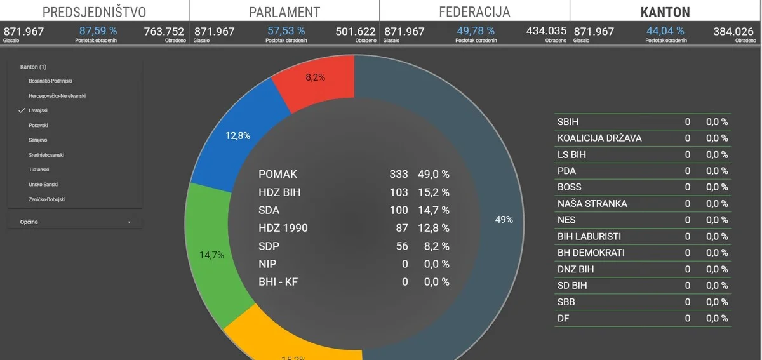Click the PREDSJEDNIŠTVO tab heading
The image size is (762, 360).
94,12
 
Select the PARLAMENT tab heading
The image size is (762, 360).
284,12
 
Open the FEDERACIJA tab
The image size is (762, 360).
474,12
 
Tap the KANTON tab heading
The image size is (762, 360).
665,12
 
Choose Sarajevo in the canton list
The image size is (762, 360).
38,140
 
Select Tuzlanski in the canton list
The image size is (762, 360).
39,170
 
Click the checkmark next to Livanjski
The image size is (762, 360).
22,110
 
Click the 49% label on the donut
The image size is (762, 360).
504,220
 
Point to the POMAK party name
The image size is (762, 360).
277,174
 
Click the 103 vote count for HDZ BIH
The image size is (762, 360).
399,192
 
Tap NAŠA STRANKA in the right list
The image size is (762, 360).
592,204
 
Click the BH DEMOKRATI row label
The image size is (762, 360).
591,253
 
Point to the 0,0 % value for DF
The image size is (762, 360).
717,318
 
